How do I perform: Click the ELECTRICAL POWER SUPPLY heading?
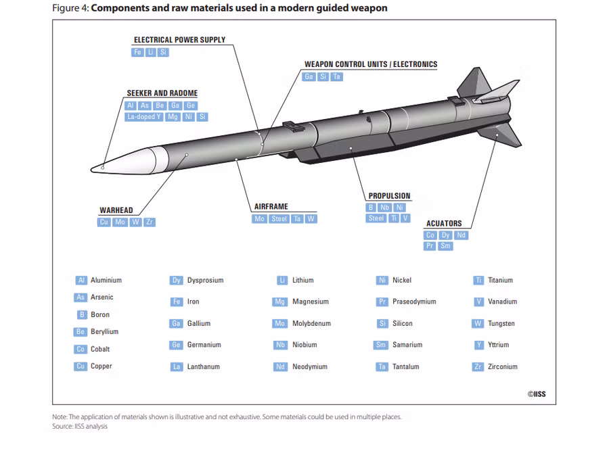[x=179, y=40]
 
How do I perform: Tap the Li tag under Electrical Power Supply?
[x=150, y=52]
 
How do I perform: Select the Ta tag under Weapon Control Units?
[x=337, y=76]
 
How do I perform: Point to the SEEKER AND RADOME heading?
[x=162, y=93]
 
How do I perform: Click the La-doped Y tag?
[x=144, y=116]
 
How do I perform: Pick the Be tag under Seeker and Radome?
[x=160, y=105]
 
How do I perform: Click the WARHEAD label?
[x=116, y=210]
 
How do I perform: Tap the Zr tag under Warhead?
[x=150, y=222]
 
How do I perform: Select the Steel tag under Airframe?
[x=279, y=219]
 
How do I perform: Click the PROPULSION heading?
[x=389, y=195]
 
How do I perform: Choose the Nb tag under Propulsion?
[x=384, y=208]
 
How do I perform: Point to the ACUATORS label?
[x=444, y=223]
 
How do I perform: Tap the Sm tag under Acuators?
[x=445, y=245]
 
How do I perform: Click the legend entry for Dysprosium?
[x=196, y=281]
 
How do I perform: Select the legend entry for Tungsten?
[x=493, y=323]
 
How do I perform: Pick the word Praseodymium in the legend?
[x=414, y=302]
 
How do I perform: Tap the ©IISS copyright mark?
[x=537, y=394]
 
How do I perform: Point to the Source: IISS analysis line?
[x=80, y=426]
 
